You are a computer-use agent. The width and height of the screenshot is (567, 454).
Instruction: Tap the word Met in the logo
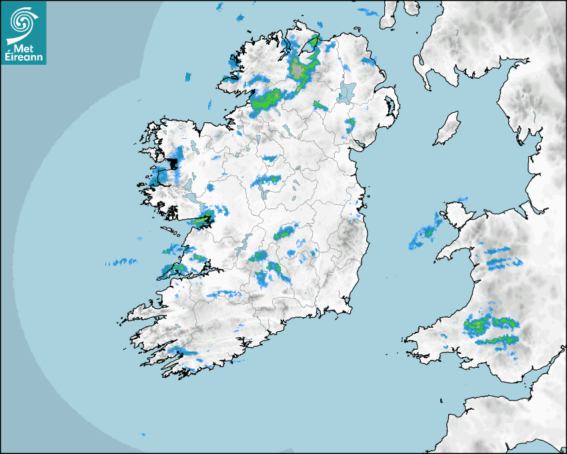coord(25,47)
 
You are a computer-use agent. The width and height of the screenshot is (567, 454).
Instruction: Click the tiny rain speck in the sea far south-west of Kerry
coord(143,435)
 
